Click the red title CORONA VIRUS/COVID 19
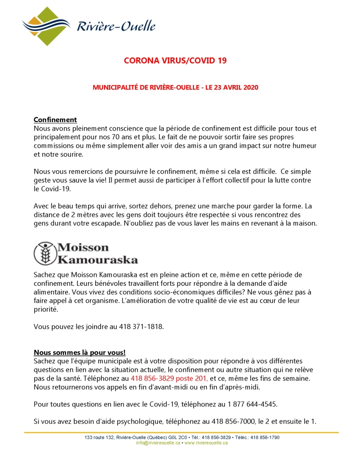[x=175, y=61]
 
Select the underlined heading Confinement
[x=55, y=120]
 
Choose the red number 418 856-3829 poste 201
[x=168, y=378]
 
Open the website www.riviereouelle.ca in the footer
[x=206, y=443]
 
